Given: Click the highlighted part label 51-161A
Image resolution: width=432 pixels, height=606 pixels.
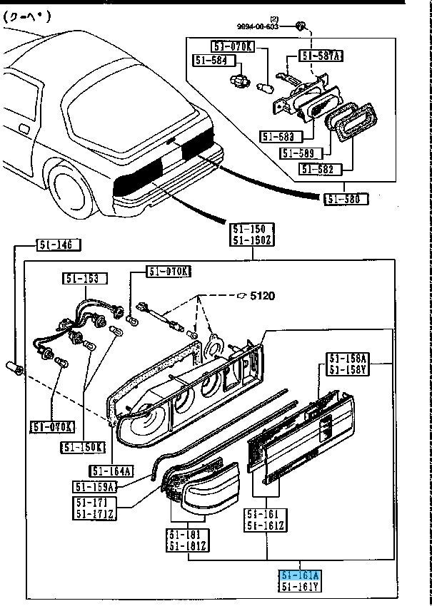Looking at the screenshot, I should [x=300, y=575].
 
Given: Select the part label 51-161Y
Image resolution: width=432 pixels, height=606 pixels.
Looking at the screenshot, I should [x=300, y=587].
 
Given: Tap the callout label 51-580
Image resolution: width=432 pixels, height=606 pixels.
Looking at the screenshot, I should [x=346, y=198].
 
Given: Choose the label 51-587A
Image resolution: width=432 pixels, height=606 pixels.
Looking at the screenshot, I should [x=321, y=56].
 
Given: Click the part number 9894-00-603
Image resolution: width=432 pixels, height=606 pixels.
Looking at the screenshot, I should [x=268, y=26].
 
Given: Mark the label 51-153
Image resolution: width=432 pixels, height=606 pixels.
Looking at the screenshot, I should [x=84, y=278].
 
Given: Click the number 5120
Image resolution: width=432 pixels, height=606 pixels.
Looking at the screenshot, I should [x=262, y=295].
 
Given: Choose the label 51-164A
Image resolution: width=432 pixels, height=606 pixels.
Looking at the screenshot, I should [x=112, y=471].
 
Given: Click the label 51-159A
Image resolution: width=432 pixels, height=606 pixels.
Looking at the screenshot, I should [x=94, y=487].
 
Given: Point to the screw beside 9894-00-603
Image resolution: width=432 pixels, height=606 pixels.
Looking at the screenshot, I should [x=301, y=26].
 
